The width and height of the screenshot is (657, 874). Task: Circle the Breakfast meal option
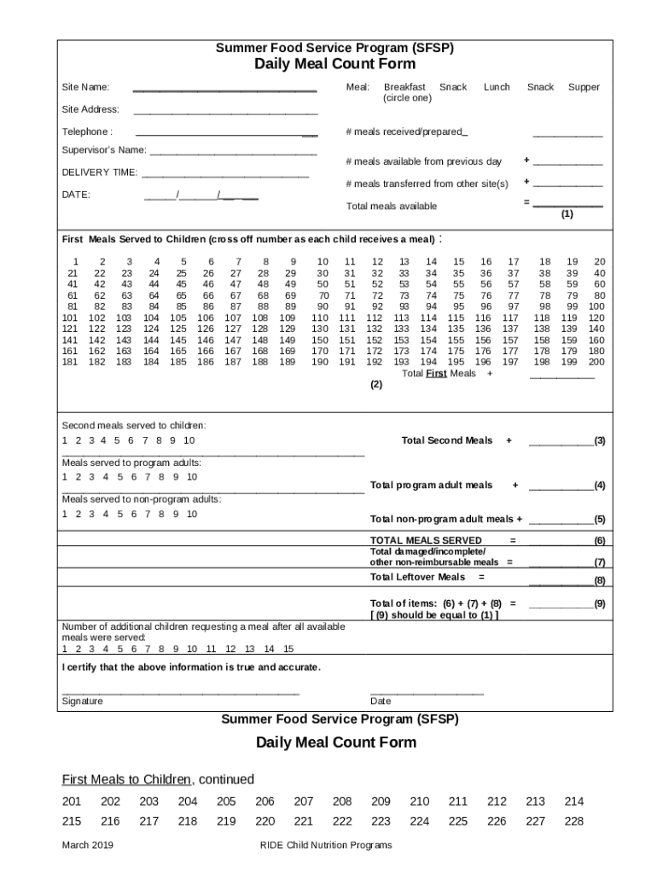pos(404,87)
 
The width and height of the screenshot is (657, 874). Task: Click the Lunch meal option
pos(497,87)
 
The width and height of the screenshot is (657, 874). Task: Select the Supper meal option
pos(584,87)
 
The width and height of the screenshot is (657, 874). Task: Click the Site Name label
pos(85,87)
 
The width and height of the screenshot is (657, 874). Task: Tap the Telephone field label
pos(86,131)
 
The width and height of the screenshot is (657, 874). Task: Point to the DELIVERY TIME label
pos(99,172)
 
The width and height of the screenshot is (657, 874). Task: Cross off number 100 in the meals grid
pos(596,306)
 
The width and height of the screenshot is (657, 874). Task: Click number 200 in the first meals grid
pos(596,362)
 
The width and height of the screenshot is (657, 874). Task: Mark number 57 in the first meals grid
pos(513,284)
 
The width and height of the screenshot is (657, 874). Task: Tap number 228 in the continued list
pos(574,821)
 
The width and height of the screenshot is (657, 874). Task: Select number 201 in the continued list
pos(72,801)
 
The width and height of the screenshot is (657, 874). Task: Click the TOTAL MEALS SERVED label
pos(426,540)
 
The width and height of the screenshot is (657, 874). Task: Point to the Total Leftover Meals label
pos(417,577)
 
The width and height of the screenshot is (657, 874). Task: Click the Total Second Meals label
pos(447,440)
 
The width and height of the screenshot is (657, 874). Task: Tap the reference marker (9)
pos(600,603)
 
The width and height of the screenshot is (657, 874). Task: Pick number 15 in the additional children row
pos(288,649)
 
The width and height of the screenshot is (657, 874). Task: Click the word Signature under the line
pos(82,702)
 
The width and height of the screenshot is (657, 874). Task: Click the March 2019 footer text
pos(88,845)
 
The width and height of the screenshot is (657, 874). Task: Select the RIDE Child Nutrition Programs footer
pos(326,845)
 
